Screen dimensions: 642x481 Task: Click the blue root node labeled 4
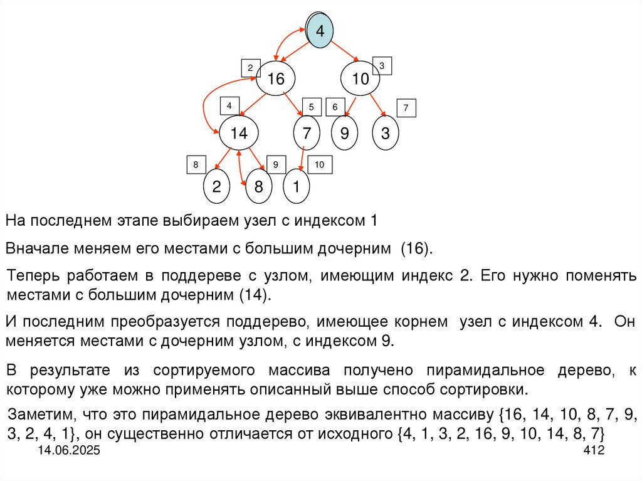320,31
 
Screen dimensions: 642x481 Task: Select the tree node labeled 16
276,79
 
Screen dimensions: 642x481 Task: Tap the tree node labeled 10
360,79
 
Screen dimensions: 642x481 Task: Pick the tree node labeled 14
239,133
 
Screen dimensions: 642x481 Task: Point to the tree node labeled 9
344,133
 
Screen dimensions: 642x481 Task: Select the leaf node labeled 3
385,133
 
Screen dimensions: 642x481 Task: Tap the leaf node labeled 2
216,186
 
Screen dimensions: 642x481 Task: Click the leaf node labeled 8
258,186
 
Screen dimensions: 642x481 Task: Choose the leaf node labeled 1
297,186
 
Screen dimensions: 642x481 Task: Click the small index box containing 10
319,165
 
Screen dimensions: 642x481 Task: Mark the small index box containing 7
406,108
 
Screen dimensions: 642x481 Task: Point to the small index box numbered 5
311,107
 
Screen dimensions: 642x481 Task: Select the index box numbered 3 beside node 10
382,66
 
